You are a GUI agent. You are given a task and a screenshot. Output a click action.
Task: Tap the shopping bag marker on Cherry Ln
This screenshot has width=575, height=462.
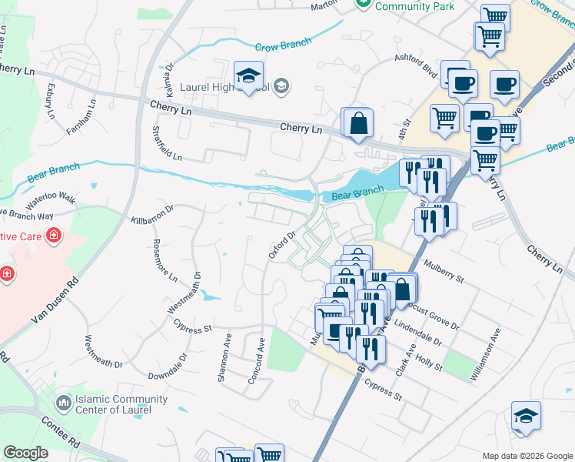(358, 123)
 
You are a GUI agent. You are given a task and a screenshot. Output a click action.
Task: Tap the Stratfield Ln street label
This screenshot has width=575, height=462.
(167, 144)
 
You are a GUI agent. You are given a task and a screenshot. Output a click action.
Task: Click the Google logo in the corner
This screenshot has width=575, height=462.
(25, 453)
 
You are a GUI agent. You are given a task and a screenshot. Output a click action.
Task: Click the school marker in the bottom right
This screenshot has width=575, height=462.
(526, 417)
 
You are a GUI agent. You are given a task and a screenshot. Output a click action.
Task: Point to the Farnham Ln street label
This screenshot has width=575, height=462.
(81, 116)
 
